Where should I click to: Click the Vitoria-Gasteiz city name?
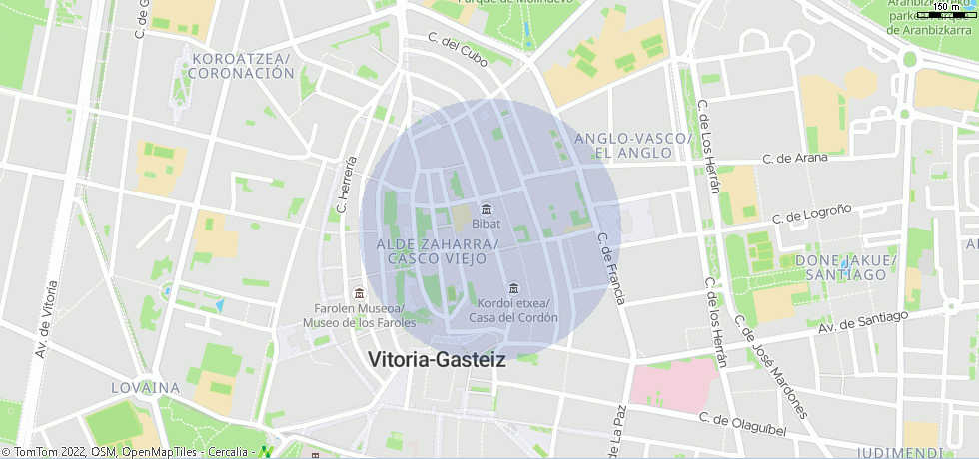tap(437, 360)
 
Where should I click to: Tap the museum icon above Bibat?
tap(486, 208)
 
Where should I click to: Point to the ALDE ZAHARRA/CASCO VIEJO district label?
tap(437, 251)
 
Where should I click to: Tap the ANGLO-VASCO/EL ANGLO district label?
tap(633, 145)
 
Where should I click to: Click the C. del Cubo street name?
tap(458, 49)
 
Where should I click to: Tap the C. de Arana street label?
tap(795, 158)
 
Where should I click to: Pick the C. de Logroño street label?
tap(812, 214)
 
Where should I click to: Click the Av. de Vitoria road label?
tap(41, 320)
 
